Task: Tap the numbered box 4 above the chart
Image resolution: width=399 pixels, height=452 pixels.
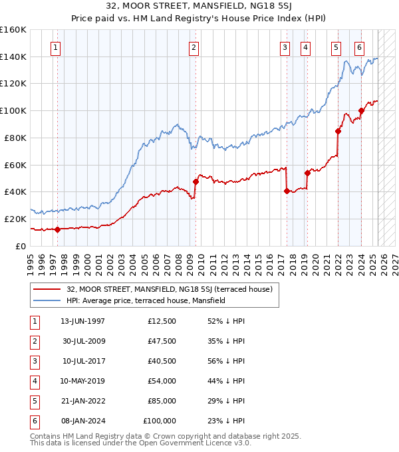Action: pyautogui.click(x=305, y=47)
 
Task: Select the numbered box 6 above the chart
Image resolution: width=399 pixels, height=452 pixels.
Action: pyautogui.click(x=359, y=47)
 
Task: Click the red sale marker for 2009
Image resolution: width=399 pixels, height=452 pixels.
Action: pyautogui.click(x=196, y=181)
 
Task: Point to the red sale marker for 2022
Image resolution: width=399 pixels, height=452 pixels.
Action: pyautogui.click(x=338, y=131)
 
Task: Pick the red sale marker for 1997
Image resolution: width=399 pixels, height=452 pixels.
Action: pyautogui.click(x=57, y=229)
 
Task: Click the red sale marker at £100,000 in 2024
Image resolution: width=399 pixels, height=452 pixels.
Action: pyautogui.click(x=360, y=110)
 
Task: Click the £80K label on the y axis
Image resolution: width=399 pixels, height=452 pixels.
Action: pyautogui.click(x=15, y=138)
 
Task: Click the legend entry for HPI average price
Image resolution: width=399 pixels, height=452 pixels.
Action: pyautogui.click(x=146, y=300)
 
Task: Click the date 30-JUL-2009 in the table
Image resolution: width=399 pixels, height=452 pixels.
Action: pyautogui.click(x=84, y=342)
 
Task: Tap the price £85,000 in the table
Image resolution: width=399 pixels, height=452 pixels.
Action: pyautogui.click(x=162, y=401)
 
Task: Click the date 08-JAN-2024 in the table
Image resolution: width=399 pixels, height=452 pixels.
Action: pyautogui.click(x=84, y=421)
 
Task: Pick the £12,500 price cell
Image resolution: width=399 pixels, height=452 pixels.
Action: pyautogui.click(x=162, y=322)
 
